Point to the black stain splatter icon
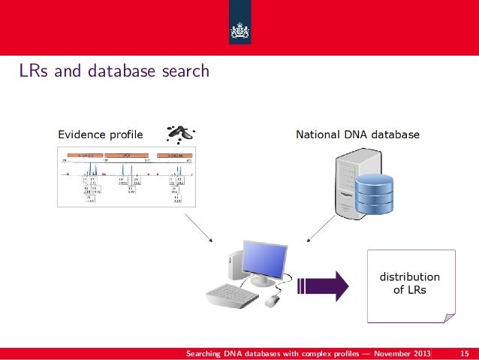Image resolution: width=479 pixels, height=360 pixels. (178, 133)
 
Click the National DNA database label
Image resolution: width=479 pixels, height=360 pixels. (357, 135)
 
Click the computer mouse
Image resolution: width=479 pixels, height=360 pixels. (272, 301)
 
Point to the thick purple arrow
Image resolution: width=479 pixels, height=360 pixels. (324, 286)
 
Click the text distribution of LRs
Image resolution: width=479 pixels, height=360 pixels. (409, 283)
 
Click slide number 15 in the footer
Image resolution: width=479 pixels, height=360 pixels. (463, 353)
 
